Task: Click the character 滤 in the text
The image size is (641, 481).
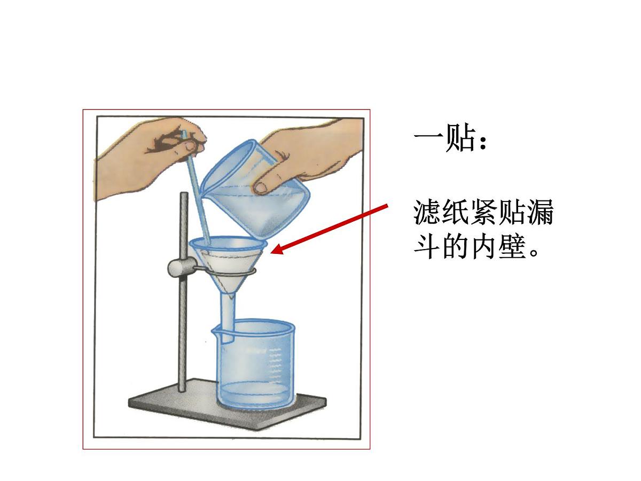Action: (427, 213)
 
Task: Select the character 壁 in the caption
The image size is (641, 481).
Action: (510, 247)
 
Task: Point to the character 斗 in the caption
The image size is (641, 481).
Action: (427, 247)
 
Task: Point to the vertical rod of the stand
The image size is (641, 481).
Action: (183, 292)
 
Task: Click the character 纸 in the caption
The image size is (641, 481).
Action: (455, 213)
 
